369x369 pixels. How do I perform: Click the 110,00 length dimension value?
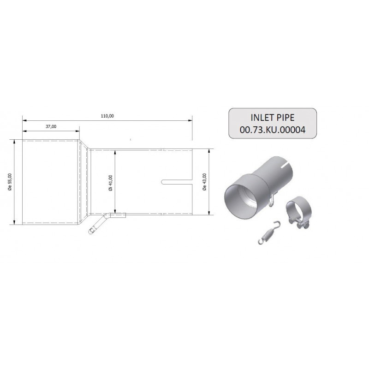107,116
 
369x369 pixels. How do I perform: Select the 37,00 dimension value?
51,126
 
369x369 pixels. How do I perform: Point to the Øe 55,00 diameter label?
10,182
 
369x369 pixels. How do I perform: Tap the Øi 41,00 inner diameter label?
111,183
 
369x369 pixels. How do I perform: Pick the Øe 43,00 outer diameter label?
204,182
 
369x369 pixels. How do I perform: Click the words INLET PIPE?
273,118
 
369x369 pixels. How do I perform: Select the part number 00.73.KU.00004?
273,130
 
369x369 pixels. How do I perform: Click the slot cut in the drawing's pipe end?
177,182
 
